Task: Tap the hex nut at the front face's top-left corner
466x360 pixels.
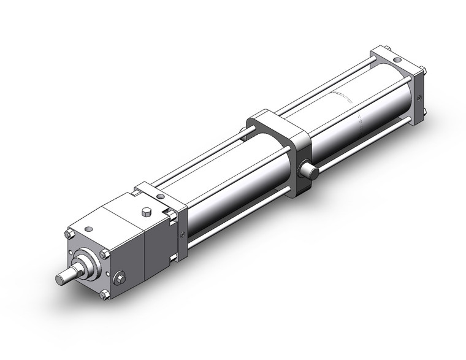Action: pyautogui.click(x=69, y=234)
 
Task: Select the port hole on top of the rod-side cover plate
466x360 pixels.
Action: pyautogui.click(x=160, y=196)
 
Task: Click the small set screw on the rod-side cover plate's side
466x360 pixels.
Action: pyautogui.click(x=181, y=232)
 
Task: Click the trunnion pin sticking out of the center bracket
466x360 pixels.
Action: pyautogui.click(x=311, y=172)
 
